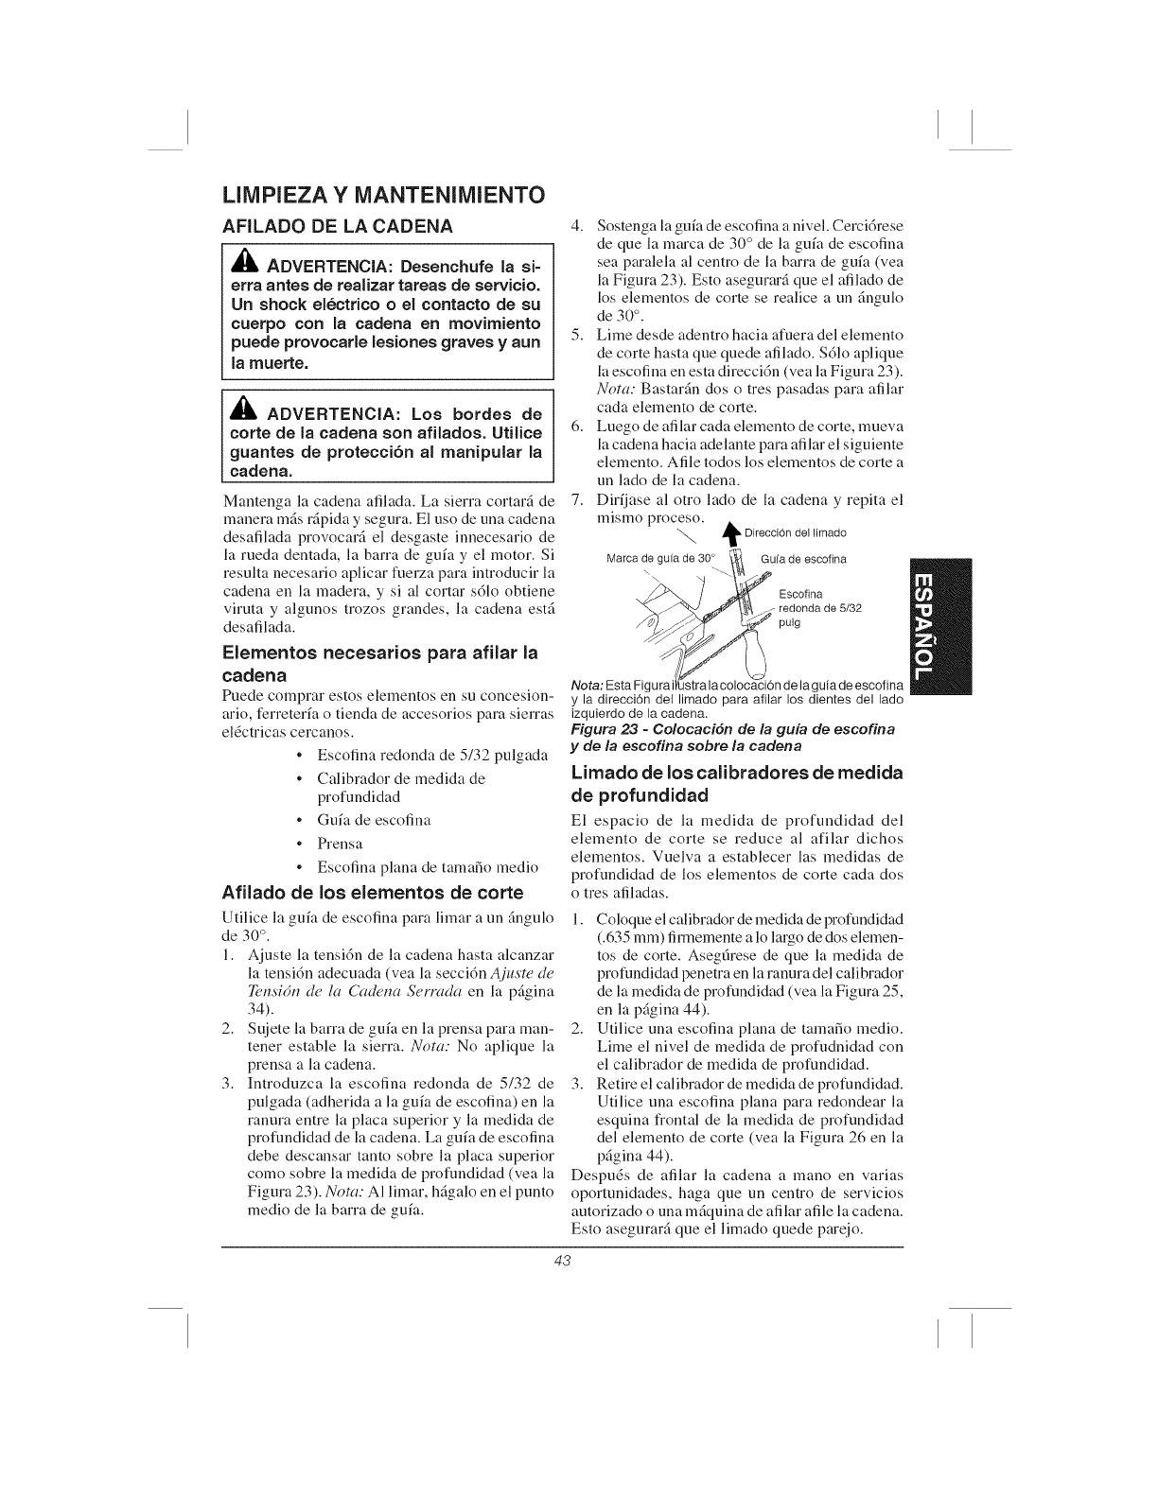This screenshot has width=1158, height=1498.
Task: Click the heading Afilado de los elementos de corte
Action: (x=372, y=893)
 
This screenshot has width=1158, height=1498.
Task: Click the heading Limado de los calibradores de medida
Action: (x=737, y=773)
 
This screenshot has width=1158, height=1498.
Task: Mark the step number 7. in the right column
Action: (x=580, y=499)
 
